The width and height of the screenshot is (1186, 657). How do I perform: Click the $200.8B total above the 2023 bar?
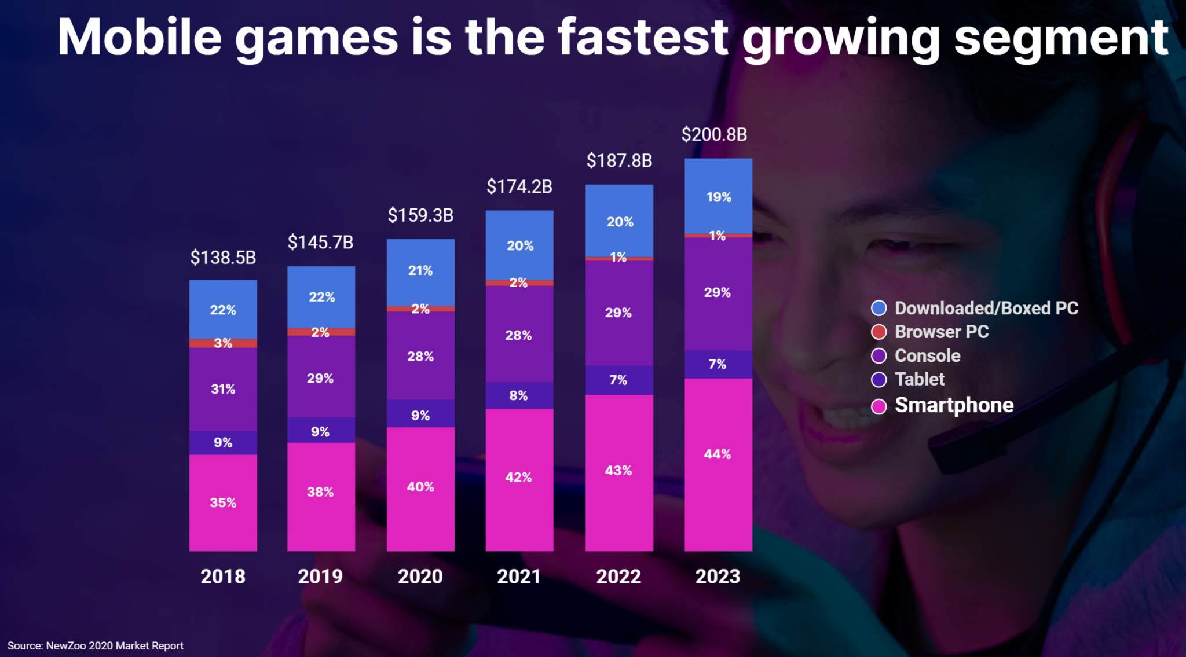[714, 134]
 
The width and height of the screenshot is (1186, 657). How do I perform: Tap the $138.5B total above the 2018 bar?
[223, 258]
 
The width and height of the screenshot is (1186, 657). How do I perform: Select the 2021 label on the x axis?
[519, 577]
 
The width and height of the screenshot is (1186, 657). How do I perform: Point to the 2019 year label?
[320, 577]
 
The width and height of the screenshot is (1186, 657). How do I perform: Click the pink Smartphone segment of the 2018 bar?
[223, 502]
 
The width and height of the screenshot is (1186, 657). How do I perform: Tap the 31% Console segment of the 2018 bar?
[223, 389]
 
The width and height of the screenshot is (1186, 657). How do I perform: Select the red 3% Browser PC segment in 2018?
[223, 343]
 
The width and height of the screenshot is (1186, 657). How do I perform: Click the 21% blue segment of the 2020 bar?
[420, 271]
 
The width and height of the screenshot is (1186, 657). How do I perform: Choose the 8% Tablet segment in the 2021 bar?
[519, 395]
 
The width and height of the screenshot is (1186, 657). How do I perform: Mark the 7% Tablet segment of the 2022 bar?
[618, 380]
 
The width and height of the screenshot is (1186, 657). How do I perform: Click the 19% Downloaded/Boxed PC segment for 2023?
[718, 197]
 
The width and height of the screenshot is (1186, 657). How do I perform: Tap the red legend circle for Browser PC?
[879, 332]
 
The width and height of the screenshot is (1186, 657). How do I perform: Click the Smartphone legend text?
[954, 405]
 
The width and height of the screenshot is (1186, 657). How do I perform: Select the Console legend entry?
[927, 355]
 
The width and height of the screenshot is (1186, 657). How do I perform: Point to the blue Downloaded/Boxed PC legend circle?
[879, 308]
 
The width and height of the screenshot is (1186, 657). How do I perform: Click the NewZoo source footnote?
[96, 645]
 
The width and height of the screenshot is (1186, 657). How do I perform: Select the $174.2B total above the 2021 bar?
[519, 186]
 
